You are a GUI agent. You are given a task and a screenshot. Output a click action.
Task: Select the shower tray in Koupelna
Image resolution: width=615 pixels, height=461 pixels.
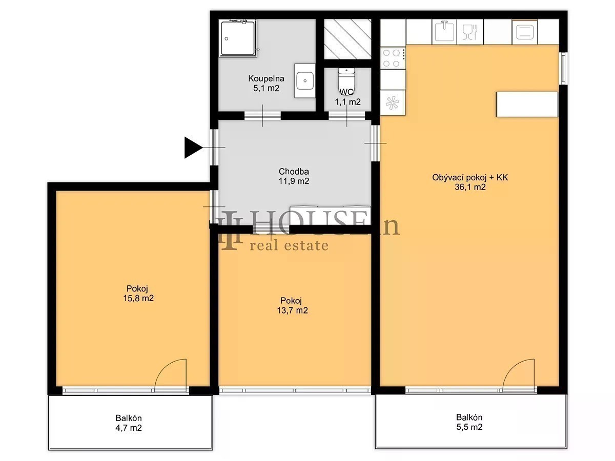238,38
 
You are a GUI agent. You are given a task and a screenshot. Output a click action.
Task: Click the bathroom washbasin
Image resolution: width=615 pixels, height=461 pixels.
304,81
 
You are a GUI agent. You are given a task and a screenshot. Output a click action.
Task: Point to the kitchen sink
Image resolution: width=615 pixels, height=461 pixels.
444,32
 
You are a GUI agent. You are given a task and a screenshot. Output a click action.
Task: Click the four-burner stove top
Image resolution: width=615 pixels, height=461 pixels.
393,58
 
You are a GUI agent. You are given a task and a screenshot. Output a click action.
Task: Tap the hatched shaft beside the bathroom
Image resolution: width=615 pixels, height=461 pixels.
347,39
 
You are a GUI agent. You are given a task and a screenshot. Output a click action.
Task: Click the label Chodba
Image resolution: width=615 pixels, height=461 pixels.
294,171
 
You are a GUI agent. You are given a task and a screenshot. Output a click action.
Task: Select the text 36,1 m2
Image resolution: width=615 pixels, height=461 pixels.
470,187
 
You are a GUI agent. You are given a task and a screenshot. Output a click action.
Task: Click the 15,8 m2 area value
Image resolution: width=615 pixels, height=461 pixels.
138,298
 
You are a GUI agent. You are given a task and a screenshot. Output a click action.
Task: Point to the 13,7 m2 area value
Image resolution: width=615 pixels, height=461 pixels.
292,310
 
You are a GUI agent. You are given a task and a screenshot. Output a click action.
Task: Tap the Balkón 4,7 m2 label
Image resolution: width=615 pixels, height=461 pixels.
129,423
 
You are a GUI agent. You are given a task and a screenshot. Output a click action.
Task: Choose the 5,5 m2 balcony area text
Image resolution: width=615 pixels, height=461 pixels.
469,427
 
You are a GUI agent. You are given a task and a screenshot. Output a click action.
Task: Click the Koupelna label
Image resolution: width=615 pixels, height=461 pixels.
266,78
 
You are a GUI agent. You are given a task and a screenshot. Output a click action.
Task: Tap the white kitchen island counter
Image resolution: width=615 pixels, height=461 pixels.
527,104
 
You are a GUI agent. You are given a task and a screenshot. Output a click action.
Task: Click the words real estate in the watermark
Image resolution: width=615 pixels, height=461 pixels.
289,245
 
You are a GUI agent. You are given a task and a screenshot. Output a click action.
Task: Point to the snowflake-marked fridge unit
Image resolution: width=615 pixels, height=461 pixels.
392,103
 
